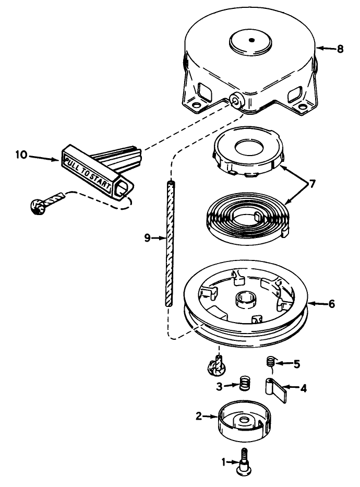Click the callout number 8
[340, 49]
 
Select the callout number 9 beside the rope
[148, 238]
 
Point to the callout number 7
[312, 184]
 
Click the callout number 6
[331, 304]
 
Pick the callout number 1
[224, 462]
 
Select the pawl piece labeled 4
[276, 390]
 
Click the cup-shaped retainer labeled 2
[245, 421]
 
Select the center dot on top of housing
[251, 40]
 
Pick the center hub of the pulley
[246, 300]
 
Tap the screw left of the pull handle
[47, 203]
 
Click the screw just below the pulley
[217, 365]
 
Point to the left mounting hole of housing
[196, 105]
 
